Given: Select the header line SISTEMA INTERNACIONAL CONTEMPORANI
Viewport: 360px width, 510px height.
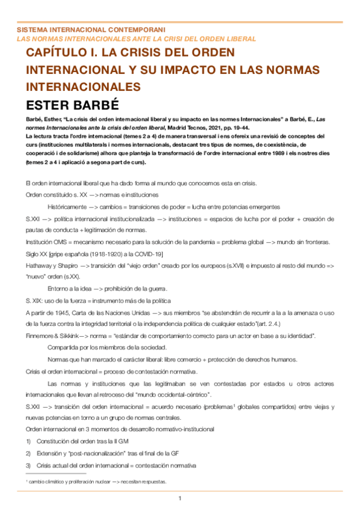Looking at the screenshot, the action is pos(91,29).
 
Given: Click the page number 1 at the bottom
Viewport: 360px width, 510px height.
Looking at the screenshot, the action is pos(180,499).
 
